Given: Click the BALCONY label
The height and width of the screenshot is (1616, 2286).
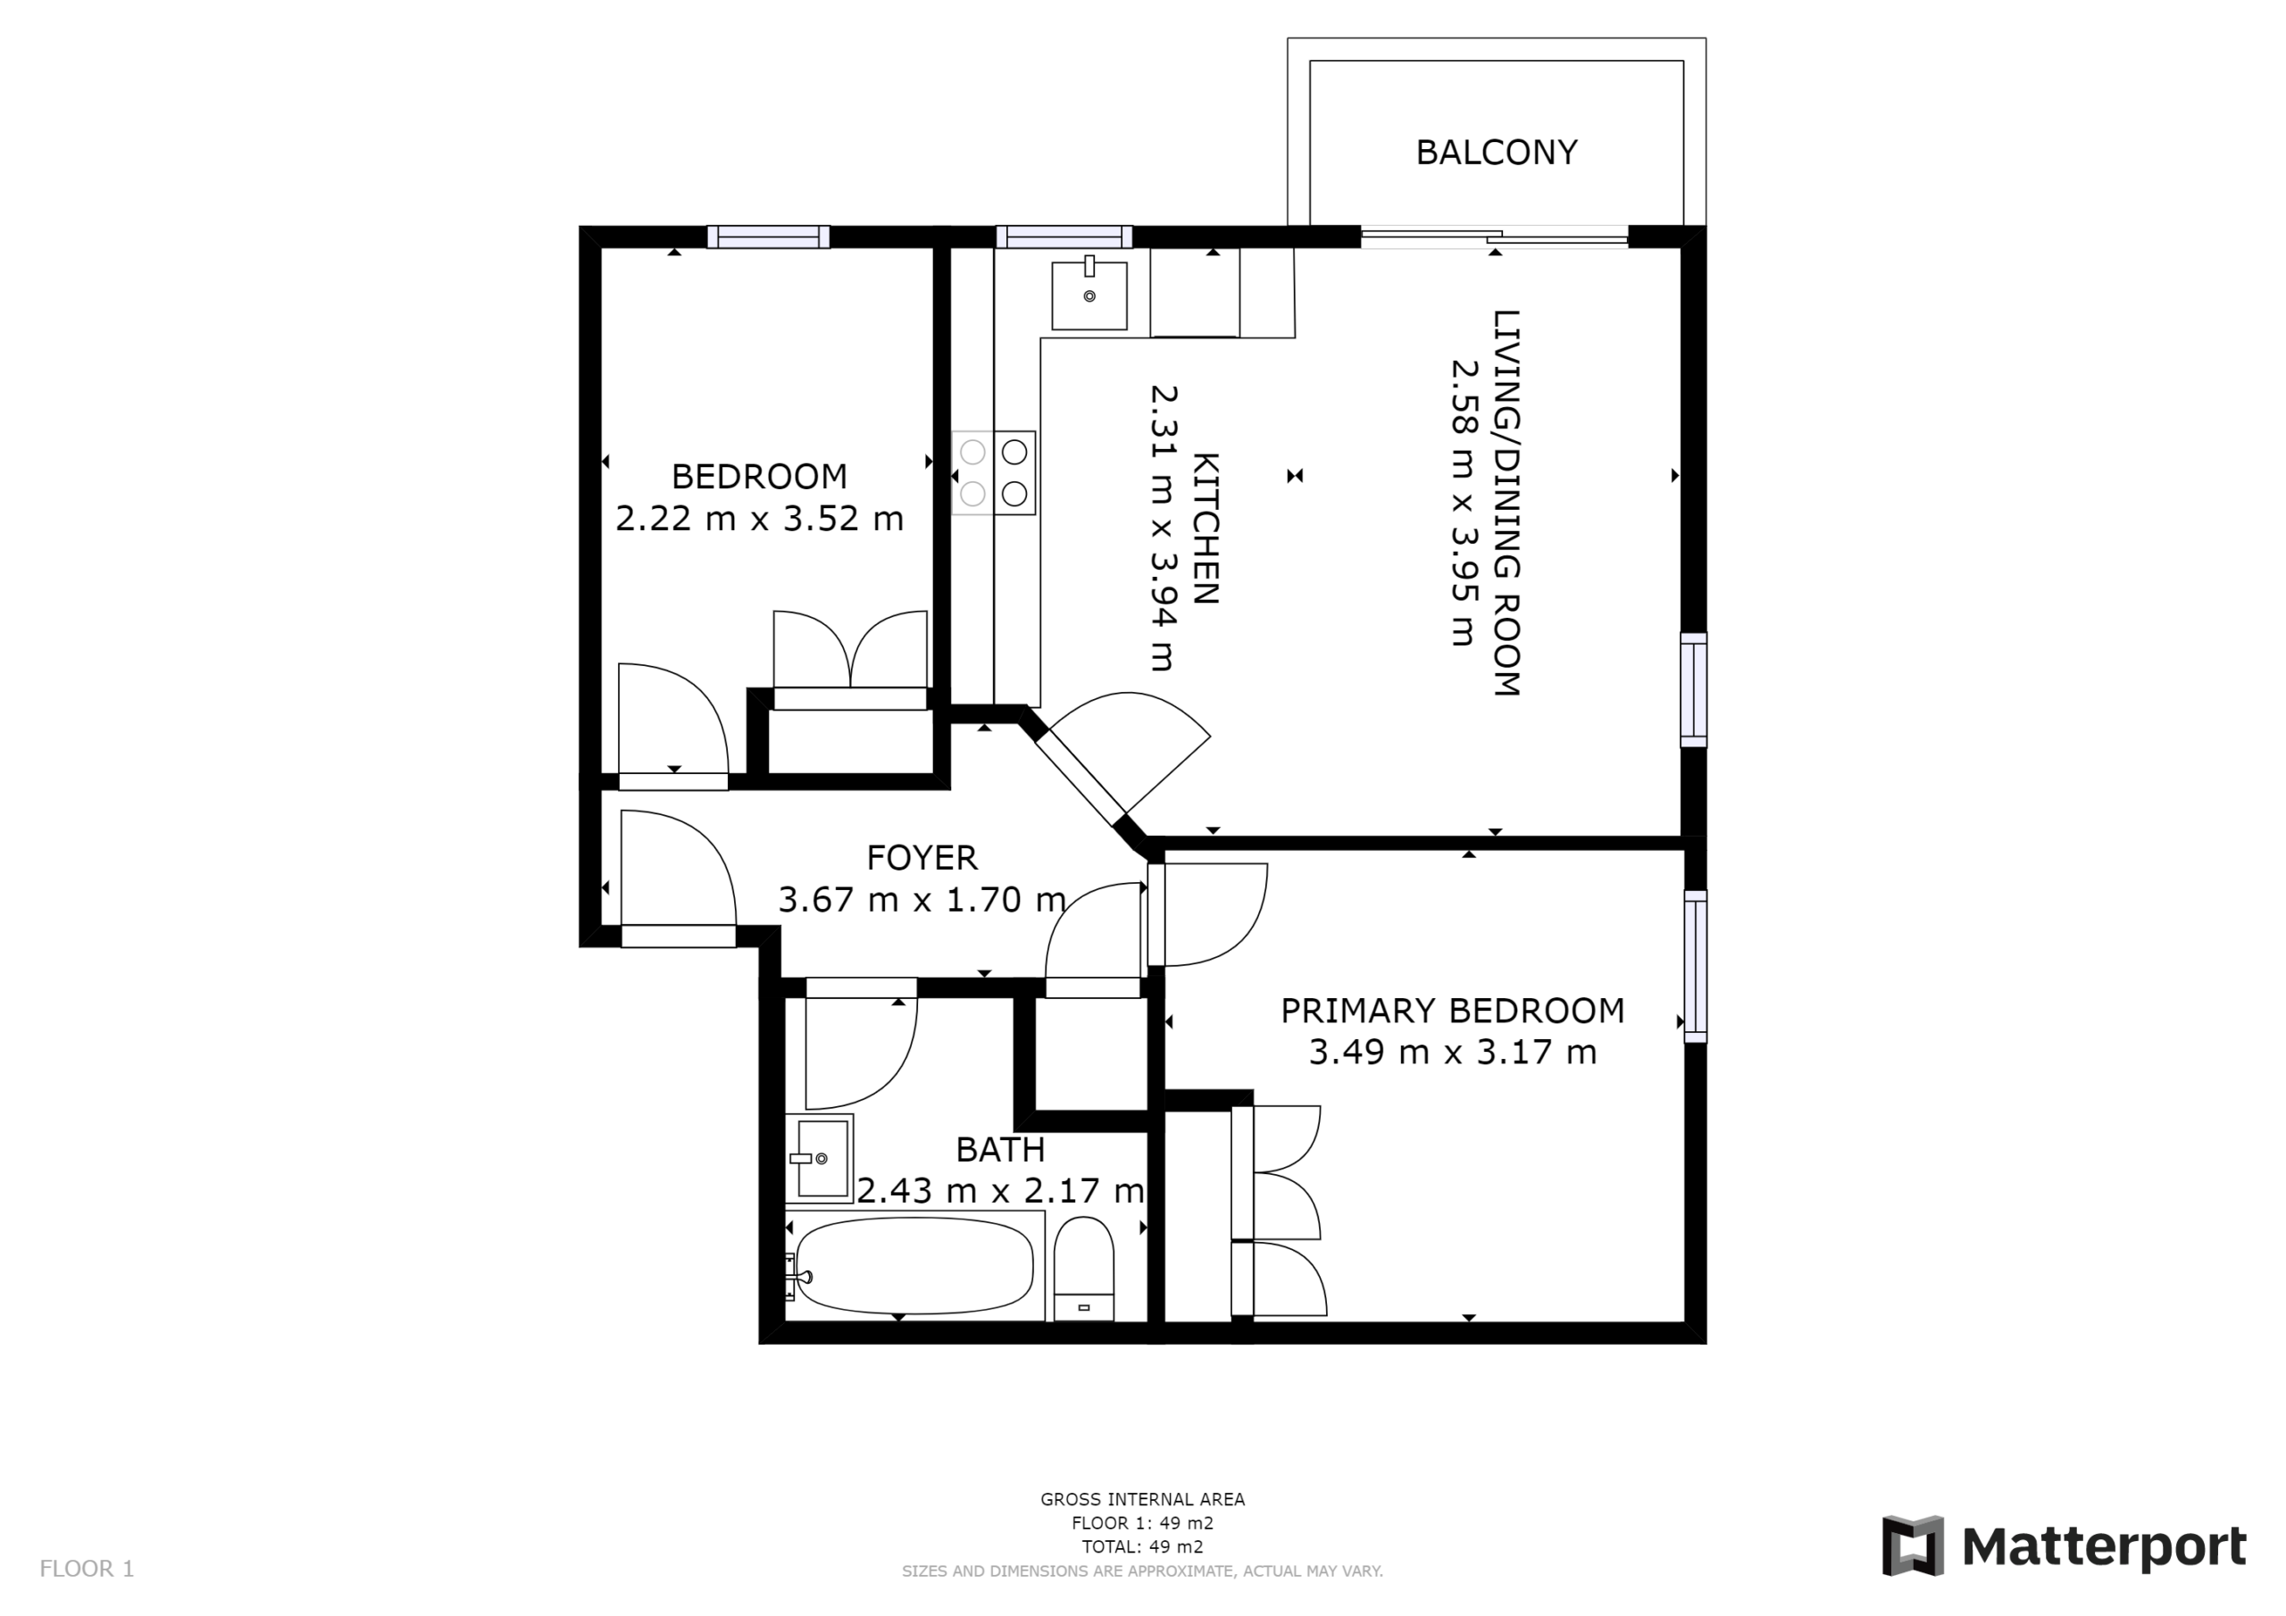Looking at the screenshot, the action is pyautogui.click(x=1496, y=153).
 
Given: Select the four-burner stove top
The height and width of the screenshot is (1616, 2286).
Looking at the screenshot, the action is pyautogui.click(x=994, y=473).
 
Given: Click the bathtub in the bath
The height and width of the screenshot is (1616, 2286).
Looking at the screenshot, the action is pyautogui.click(x=914, y=1267).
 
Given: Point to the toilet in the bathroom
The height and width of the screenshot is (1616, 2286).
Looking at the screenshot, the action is pyautogui.click(x=1083, y=1270).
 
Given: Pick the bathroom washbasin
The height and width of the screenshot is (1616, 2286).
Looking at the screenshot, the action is pyautogui.click(x=819, y=1158).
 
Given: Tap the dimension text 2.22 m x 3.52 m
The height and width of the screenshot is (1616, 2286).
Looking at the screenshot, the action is pyautogui.click(x=760, y=519).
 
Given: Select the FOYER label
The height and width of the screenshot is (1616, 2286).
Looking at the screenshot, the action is pyautogui.click(x=922, y=857).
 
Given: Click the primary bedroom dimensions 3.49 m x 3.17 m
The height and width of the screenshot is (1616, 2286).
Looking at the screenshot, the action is pyautogui.click(x=1453, y=1053).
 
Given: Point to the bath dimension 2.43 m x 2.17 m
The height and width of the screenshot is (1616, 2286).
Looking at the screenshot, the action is pyautogui.click(x=1001, y=1191).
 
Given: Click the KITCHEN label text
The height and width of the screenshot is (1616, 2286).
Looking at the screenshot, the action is pyautogui.click(x=1206, y=529).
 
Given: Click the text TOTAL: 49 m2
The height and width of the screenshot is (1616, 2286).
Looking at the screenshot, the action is pyautogui.click(x=1143, y=1546).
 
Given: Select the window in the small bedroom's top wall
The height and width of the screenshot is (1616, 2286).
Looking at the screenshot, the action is pyautogui.click(x=769, y=237).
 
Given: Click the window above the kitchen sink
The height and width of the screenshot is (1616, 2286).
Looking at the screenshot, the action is pyautogui.click(x=1064, y=237).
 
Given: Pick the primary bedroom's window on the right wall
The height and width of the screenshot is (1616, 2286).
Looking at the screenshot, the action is pyautogui.click(x=1695, y=967).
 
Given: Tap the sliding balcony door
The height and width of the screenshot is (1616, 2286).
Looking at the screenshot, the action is pyautogui.click(x=1495, y=237).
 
